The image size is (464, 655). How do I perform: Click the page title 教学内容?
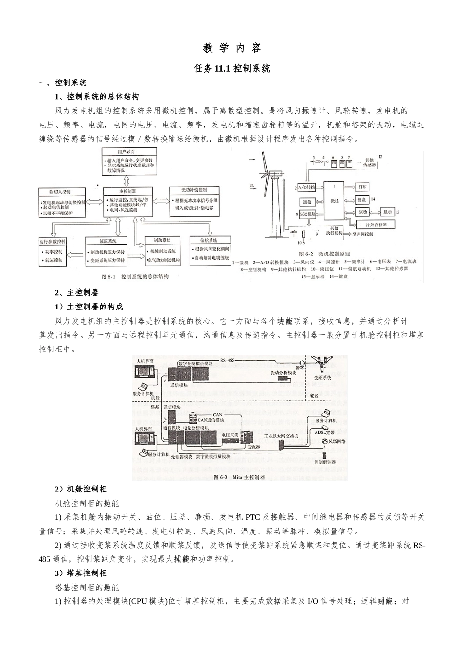click(232, 48)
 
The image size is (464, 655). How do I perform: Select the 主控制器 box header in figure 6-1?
click(127, 191)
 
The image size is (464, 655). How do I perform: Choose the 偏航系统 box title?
click(209, 240)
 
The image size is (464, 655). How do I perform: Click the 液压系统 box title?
click(107, 241)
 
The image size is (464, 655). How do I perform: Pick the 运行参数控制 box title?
click(53, 241)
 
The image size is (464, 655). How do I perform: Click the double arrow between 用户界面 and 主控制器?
click(127, 180)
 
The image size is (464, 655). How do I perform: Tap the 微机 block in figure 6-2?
click(335, 201)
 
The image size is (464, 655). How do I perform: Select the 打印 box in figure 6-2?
click(362, 187)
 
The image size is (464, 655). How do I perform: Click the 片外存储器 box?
click(376, 225)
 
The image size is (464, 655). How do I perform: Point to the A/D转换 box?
click(306, 187)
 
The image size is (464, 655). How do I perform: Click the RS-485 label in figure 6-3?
click(227, 360)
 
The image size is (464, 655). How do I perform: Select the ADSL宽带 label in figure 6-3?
click(324, 432)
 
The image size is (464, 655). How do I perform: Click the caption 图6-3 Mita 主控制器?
click(239, 477)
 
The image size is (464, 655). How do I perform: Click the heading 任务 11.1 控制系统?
click(232, 69)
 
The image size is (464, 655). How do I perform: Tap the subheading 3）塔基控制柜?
click(80, 573)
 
